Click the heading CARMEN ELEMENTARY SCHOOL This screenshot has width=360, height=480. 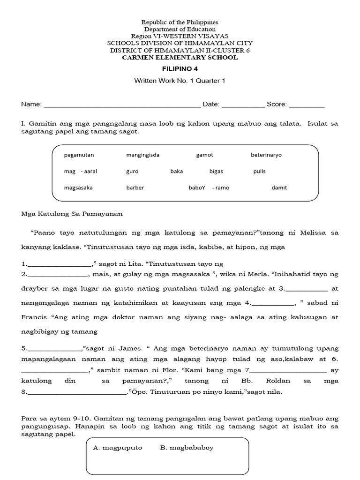pyautogui.click(x=180, y=57)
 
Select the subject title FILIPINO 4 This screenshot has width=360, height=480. pyautogui.click(x=180, y=68)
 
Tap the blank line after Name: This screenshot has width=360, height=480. pyautogui.click(x=122, y=105)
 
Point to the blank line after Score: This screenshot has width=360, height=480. pyautogui.click(x=307, y=105)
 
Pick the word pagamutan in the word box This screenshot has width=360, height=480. pyautogui.click(x=78, y=155)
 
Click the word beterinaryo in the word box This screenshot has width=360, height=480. pyautogui.click(x=266, y=155)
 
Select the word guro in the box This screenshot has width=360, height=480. pyautogui.click(x=132, y=172)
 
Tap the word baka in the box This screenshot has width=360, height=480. pyautogui.click(x=177, y=172)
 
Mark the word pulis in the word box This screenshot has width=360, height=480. pyautogui.click(x=259, y=172)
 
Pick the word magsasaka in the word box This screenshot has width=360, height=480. pyautogui.click(x=78, y=188)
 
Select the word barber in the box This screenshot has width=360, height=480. pyautogui.click(x=135, y=188)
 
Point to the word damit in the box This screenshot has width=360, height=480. pyautogui.click(x=279, y=188)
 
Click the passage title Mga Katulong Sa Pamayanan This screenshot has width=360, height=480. pyautogui.click(x=72, y=214)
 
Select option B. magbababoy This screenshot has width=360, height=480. pyautogui.click(x=187, y=448)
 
